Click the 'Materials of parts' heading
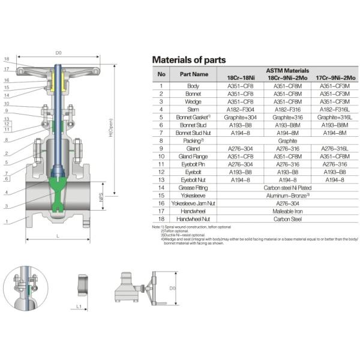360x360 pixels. click(x=189, y=59)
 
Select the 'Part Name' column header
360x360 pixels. click(x=193, y=74)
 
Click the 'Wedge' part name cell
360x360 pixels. click(x=193, y=101)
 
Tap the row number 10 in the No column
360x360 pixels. click(x=161, y=155)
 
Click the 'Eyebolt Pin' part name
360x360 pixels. click(x=193, y=163)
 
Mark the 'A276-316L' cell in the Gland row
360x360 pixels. click(x=334, y=148)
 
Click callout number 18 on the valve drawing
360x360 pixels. click(x=6, y=59)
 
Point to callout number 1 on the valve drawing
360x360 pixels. click(x=6, y=222)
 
